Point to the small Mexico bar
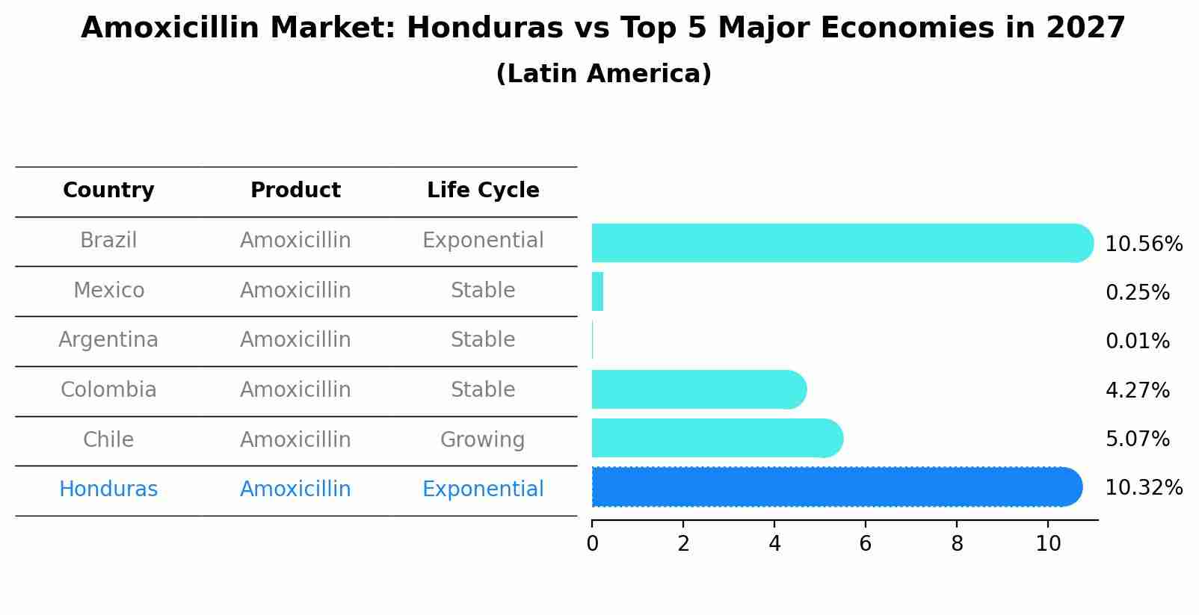pyautogui.click(x=597, y=291)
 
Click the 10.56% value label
pyautogui.click(x=1143, y=244)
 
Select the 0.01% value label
pyautogui.click(x=1137, y=342)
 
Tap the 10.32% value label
pyautogui.click(x=1143, y=488)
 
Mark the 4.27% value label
pyautogui.click(x=1137, y=390)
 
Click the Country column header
pyautogui.click(x=108, y=191)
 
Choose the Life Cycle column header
pyautogui.click(x=483, y=191)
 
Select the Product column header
pyautogui.click(x=295, y=191)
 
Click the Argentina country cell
pyautogui.click(x=108, y=340)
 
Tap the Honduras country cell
pyautogui.click(x=108, y=489)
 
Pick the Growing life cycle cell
pyautogui.click(x=483, y=439)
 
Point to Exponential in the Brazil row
pyautogui.click(x=483, y=241)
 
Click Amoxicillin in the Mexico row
pyautogui.click(x=295, y=290)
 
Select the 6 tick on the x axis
pyautogui.click(x=866, y=544)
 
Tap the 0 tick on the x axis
pyautogui.click(x=592, y=544)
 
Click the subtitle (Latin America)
pyautogui.click(x=603, y=74)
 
